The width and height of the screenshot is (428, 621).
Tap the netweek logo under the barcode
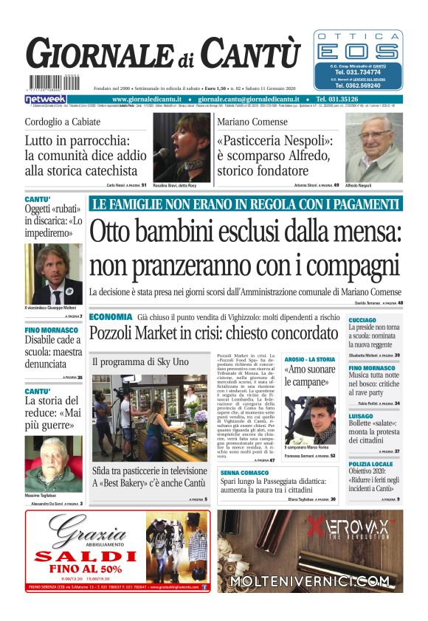(46, 99)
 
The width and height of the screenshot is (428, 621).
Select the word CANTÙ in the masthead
(251, 55)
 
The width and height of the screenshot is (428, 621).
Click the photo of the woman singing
(181, 147)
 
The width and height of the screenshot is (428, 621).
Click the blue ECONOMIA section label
(111, 316)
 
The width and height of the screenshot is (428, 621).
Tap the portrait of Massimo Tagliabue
(54, 463)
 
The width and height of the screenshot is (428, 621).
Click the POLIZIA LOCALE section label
(372, 464)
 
